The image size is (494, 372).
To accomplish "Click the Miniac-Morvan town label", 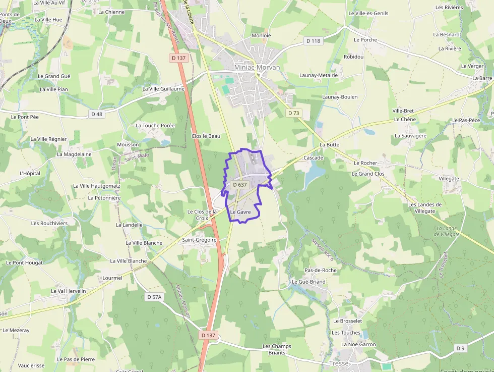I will coord(257,67).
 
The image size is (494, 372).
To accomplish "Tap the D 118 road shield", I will coord(313,41).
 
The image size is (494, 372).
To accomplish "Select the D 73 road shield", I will coord(293,113).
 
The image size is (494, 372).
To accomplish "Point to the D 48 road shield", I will coord(97,114).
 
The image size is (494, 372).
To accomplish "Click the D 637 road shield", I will coord(240,185).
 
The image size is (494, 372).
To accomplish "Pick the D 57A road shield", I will coord(155,297).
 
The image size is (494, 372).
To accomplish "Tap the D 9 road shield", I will coord(460,348).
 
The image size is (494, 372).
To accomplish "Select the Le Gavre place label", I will coord(240,212).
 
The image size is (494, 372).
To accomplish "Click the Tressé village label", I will coord(339,363).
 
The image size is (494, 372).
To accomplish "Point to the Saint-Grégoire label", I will coord(199,240).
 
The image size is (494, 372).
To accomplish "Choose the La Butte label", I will coord(330,144).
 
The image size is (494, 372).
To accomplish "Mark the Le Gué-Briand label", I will coord(308,282).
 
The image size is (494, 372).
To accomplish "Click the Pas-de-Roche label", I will coord(320,270).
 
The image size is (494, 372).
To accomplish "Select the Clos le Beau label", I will coord(206,136).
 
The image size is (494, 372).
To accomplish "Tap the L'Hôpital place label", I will coord(30,173).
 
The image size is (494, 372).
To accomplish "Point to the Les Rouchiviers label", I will coord(49,223).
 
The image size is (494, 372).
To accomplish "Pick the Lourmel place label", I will coord(112,278).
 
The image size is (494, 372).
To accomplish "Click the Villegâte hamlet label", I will coord(449,179).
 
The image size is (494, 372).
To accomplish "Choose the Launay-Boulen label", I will coord(340,97).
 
